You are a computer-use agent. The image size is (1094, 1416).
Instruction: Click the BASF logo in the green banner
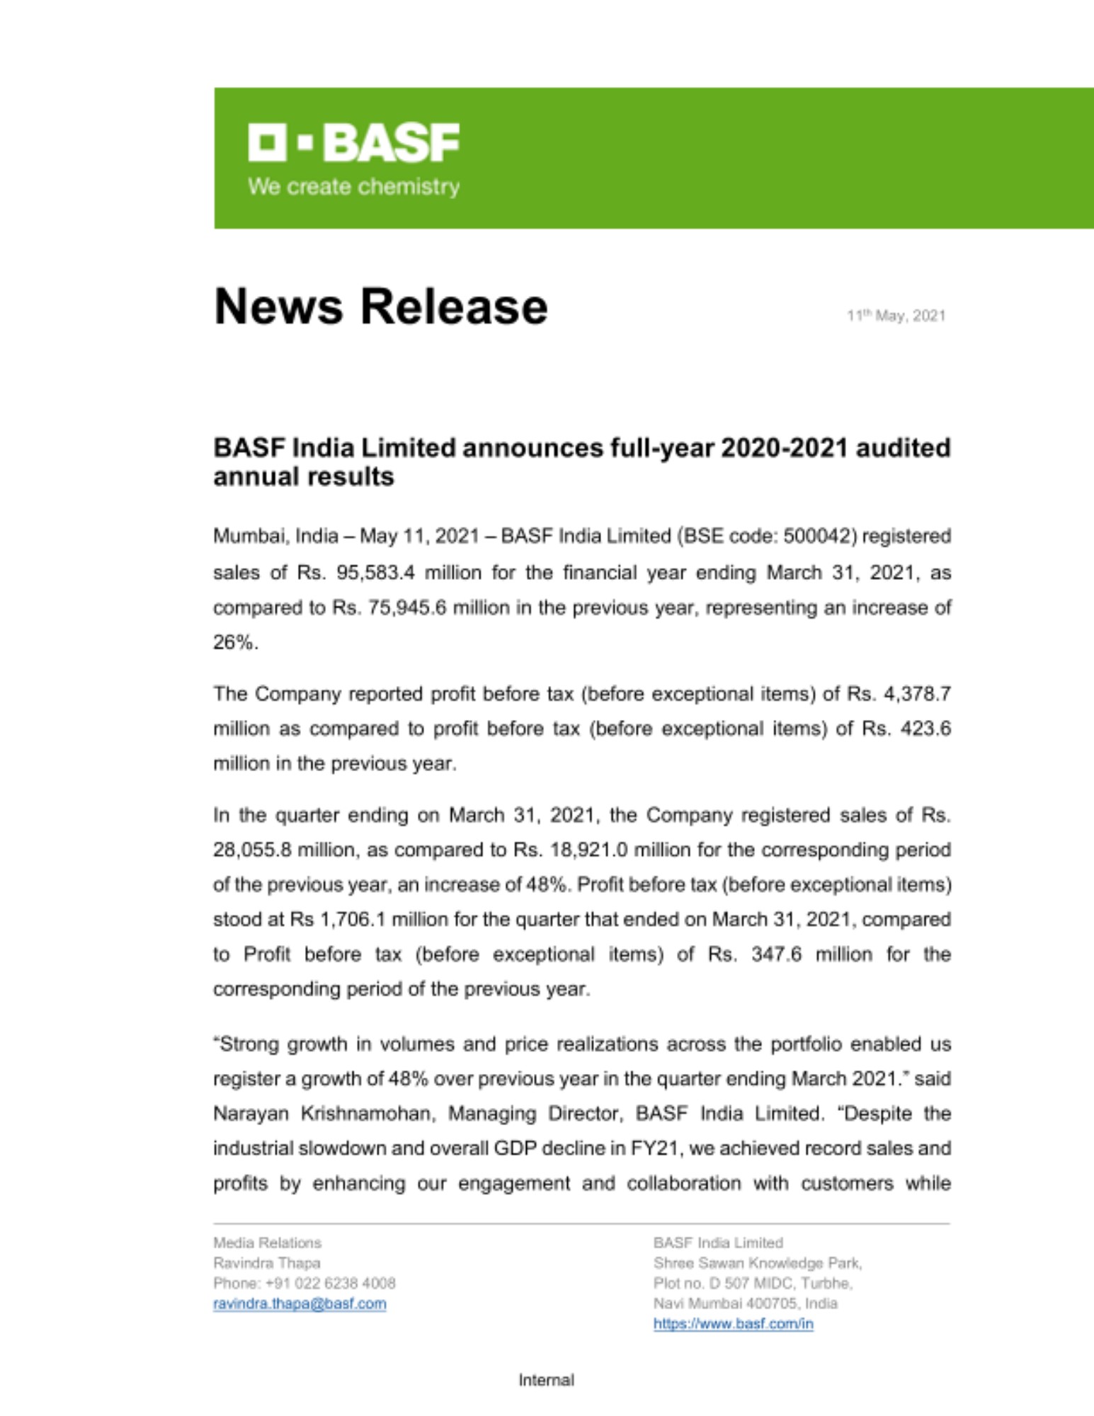point(353,142)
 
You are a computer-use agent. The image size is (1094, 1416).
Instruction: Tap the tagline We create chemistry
point(353,187)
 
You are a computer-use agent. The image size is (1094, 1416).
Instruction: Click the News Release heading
point(380,307)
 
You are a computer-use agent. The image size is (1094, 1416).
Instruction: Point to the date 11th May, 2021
point(896,316)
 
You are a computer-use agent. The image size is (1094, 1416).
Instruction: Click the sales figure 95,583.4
point(375,572)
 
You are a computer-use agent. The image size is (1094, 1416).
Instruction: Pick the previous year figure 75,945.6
point(406,607)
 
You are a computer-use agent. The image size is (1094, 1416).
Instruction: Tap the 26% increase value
point(234,642)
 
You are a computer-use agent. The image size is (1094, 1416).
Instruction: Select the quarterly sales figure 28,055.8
point(251,850)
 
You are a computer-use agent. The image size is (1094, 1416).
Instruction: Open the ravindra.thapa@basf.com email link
point(300,1303)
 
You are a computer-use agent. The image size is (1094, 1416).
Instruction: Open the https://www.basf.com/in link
point(733,1324)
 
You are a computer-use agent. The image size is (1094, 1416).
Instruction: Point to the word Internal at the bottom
point(546,1380)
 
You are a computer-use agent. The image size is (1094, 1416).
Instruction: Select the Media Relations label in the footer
point(267,1243)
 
